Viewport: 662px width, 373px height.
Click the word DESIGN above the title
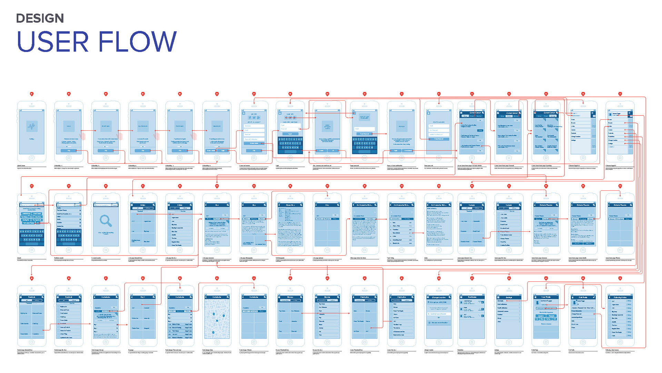[40, 18]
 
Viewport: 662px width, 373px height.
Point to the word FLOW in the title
[138, 42]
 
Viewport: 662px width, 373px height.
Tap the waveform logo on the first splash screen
[31, 126]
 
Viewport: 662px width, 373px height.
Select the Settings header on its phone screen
[509, 297]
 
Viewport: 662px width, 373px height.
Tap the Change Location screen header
[438, 297]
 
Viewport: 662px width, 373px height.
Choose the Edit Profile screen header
[582, 297]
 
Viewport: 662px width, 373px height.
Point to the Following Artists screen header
[620, 297]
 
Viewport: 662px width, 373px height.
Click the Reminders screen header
[472, 297]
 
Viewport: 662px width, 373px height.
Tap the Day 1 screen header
[143, 297]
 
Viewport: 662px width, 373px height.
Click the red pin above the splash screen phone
[32, 94]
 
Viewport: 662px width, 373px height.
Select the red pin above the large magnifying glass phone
[106, 186]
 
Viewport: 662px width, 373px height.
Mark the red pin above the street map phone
[217, 278]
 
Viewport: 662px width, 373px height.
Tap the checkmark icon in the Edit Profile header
[594, 297]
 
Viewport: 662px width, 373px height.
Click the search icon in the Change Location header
[450, 297]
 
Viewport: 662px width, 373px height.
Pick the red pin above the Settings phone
[509, 278]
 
